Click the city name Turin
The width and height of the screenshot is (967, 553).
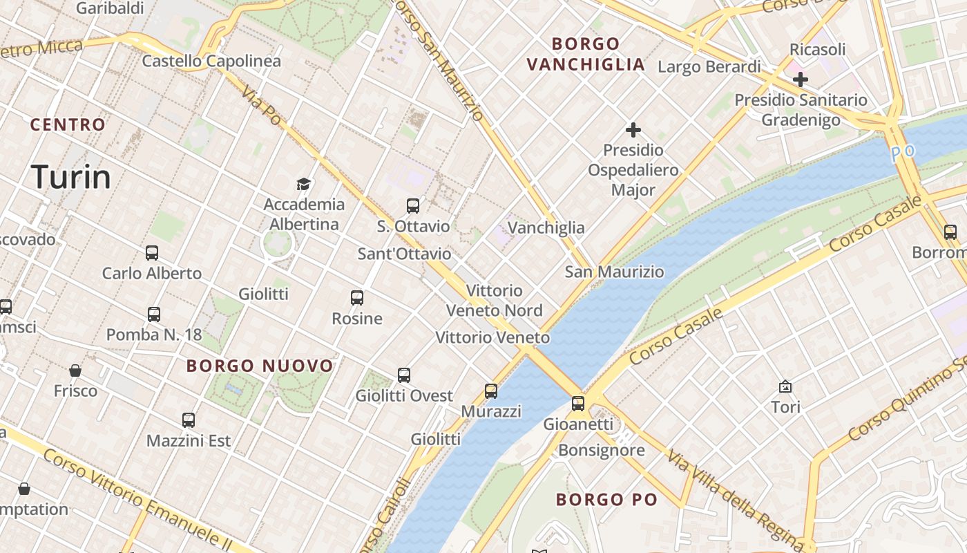pyautogui.click(x=70, y=177)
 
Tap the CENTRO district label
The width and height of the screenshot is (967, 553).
pyautogui.click(x=68, y=125)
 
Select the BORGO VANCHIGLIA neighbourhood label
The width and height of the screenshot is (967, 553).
pyautogui.click(x=586, y=55)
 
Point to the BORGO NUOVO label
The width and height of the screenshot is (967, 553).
pyautogui.click(x=260, y=366)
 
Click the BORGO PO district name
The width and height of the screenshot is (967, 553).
pyautogui.click(x=606, y=499)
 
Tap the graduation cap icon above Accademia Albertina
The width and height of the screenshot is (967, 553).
pyautogui.click(x=303, y=184)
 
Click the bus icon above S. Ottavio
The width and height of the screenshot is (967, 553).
pyautogui.click(x=413, y=205)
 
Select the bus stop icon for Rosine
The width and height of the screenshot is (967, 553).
pyautogui.click(x=357, y=298)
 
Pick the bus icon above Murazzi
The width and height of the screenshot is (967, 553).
pyautogui.click(x=491, y=391)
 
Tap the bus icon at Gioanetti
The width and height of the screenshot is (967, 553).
pyautogui.click(x=578, y=404)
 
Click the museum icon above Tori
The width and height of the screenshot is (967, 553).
pyautogui.click(x=785, y=386)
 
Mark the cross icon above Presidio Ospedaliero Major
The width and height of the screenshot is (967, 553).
pyautogui.click(x=633, y=129)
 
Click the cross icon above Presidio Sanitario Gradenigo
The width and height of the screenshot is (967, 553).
pyautogui.click(x=801, y=79)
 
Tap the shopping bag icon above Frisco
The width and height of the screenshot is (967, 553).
pyautogui.click(x=75, y=371)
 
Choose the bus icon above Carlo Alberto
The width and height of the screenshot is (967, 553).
pyautogui.click(x=152, y=253)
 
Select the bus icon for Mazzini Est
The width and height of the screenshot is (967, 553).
pyautogui.click(x=189, y=420)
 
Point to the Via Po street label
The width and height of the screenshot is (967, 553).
pyautogui.click(x=262, y=106)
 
